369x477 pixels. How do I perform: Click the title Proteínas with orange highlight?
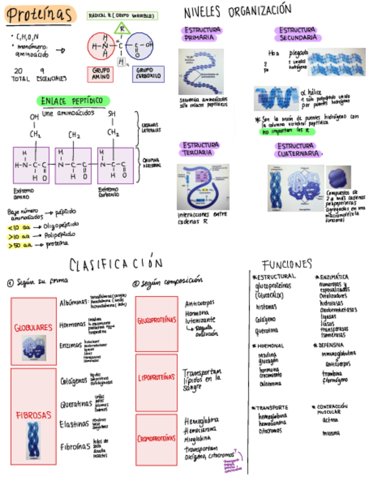[x=39, y=15]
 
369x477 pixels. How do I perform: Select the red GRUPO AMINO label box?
[x=100, y=74]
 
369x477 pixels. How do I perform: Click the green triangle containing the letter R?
[x=121, y=29]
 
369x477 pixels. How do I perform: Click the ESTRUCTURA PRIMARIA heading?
[x=202, y=33]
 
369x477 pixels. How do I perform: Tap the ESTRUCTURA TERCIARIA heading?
[x=202, y=148]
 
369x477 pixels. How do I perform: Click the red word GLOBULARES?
[x=33, y=326]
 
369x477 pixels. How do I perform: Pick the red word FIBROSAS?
[x=34, y=415]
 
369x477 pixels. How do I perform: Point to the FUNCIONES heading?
[x=287, y=264]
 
